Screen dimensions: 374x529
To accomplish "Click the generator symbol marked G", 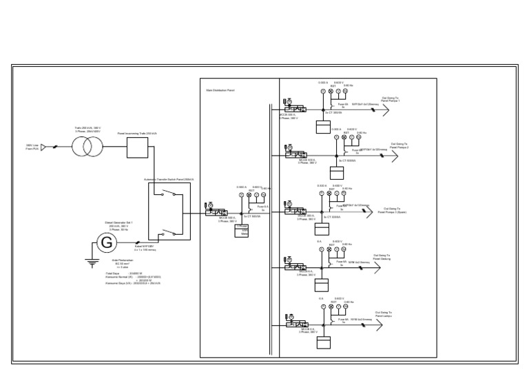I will [x=106, y=242].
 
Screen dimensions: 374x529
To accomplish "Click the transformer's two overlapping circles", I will [x=87, y=147].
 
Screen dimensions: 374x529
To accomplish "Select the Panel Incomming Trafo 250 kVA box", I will [x=137, y=147].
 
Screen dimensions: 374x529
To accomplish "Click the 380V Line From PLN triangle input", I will [x=43, y=147].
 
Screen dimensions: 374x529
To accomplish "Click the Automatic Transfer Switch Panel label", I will [x=169, y=179].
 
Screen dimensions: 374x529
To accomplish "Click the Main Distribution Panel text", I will [x=220, y=90].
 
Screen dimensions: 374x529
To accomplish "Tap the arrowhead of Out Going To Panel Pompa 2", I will [x=395, y=156].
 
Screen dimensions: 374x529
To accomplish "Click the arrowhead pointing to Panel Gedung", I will [x=377, y=267].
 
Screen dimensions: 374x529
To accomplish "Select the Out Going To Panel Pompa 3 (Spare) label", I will [x=392, y=210].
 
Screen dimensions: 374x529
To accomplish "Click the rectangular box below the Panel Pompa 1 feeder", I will [x=323, y=127].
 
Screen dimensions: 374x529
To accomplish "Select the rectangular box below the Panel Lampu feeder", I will [x=324, y=342].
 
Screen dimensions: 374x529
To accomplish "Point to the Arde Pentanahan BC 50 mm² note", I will [x=123, y=263].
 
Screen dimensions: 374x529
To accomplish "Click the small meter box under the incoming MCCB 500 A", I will [x=242, y=231].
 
